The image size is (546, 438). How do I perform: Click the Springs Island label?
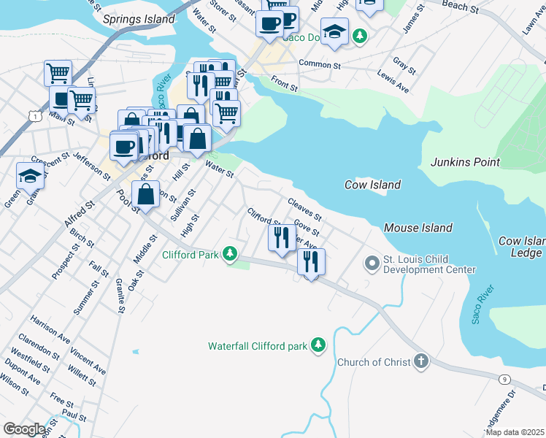[139, 19]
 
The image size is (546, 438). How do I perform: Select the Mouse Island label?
[418, 228]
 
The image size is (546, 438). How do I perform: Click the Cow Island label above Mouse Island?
[372, 185]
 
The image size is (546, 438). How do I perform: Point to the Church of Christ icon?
[420, 361]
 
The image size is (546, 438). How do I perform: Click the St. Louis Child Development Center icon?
[372, 261]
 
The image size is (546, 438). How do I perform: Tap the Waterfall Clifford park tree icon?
[318, 345]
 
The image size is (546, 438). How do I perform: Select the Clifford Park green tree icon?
[231, 254]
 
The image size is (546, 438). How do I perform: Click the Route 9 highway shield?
[504, 378]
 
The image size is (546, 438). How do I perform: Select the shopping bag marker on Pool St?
[146, 194]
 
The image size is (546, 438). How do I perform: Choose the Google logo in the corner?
[24, 429]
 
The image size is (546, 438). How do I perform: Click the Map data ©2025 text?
[515, 432]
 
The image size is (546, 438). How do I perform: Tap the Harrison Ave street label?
[50, 328]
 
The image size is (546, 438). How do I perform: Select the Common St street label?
[320, 64]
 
